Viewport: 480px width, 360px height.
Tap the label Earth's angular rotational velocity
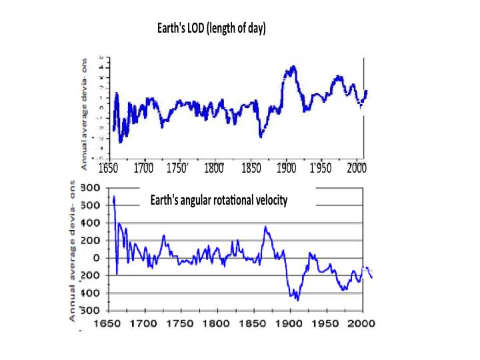[219, 200]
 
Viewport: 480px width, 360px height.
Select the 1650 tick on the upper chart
[109, 167]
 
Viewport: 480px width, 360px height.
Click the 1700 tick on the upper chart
[144, 167]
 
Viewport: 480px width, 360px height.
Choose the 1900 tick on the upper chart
[287, 167]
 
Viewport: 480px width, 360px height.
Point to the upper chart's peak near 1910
[291, 67]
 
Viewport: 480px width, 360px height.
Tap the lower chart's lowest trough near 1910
[297, 300]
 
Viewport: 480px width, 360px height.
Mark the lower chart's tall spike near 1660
[114, 197]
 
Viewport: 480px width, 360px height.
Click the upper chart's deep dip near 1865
[261, 136]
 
